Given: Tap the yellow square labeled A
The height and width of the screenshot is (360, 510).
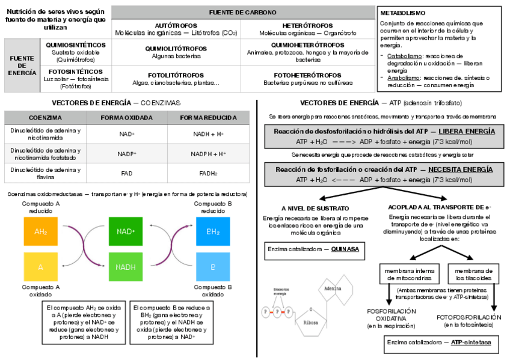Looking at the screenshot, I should pos(40,267).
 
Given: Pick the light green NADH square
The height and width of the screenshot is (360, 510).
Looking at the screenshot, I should pos(125,267).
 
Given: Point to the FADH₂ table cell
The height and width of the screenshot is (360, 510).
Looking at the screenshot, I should pos(208,173).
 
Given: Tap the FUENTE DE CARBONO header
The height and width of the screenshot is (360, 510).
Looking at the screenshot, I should pos(243,12).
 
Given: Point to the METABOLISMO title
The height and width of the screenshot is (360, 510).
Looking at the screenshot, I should pos(402,13).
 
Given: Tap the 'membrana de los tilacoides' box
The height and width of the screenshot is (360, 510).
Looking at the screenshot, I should pos(473,274).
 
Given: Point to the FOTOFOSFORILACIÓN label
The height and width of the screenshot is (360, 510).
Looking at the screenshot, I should pos(469,317).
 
